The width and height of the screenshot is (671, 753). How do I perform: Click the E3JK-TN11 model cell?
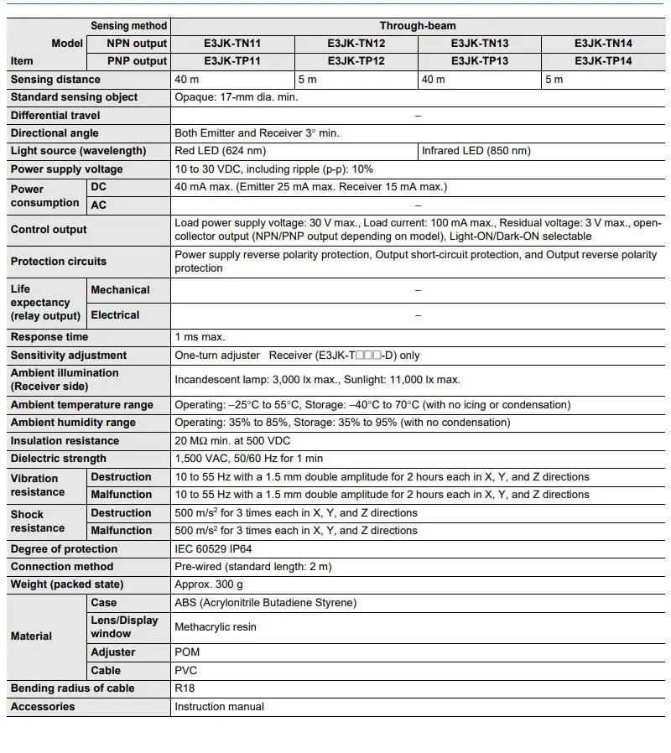231,43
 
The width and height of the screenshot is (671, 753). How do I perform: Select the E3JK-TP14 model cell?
603,60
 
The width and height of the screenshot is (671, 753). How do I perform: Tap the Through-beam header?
417,25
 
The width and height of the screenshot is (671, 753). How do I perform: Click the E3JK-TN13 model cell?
479,43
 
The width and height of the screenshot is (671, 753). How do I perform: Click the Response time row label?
49,337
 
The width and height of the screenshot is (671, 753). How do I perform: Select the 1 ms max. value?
200,337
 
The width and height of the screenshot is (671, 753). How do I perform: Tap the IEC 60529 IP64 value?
216,549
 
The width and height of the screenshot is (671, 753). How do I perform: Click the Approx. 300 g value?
209,584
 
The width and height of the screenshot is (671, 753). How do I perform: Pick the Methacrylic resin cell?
216,627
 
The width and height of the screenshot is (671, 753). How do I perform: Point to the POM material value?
188,652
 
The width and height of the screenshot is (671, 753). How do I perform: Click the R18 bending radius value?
185,688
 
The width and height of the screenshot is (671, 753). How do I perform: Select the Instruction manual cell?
219,707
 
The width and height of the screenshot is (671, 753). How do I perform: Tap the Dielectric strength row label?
58,459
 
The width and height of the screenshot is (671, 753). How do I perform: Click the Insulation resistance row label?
65,441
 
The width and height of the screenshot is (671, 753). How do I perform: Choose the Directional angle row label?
55,133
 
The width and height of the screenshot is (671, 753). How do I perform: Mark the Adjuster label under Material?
112,652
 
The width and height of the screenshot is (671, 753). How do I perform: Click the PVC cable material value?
186,671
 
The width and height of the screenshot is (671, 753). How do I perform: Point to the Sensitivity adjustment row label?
68,356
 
